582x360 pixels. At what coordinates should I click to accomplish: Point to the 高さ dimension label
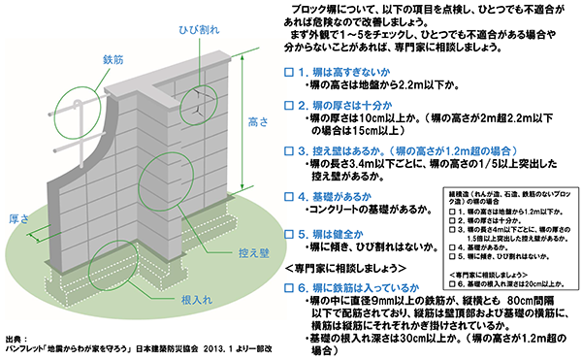(257, 123)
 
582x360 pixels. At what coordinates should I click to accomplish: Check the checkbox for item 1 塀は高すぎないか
(288, 73)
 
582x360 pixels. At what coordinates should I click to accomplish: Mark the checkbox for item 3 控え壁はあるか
(288, 151)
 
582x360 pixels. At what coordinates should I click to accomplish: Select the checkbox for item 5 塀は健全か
(288, 234)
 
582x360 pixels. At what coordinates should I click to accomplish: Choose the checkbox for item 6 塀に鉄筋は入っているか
(288, 288)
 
